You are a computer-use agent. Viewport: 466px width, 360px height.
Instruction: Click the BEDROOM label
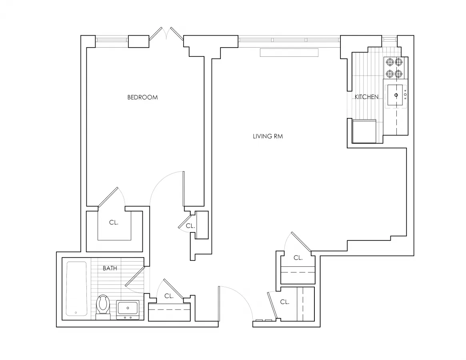pos(142,97)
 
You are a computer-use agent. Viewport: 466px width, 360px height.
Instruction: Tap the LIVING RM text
pos(268,136)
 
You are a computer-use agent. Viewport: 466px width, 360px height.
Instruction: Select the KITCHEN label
pos(366,97)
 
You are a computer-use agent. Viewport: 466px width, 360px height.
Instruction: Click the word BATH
pos(110,268)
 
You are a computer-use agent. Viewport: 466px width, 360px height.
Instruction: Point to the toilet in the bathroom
pos(104,306)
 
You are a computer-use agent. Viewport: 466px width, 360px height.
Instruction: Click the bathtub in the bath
pos(76,288)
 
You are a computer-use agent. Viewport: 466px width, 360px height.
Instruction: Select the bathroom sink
pos(128,309)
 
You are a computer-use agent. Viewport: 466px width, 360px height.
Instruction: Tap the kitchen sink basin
pos(396,95)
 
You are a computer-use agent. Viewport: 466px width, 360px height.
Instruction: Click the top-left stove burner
pos(389,62)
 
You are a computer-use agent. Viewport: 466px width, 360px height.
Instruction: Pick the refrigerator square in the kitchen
pos(364,131)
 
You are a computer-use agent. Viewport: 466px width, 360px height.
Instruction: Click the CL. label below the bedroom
pos(114,223)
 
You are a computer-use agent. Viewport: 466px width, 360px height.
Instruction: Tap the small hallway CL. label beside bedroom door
pos(190,226)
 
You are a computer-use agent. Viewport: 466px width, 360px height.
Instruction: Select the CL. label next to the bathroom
pos(169,296)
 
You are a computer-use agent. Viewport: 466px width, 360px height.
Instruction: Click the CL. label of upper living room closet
pos(298,258)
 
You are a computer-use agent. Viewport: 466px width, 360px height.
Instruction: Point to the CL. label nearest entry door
pos(285,302)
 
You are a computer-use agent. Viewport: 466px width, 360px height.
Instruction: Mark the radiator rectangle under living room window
pos(289,53)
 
